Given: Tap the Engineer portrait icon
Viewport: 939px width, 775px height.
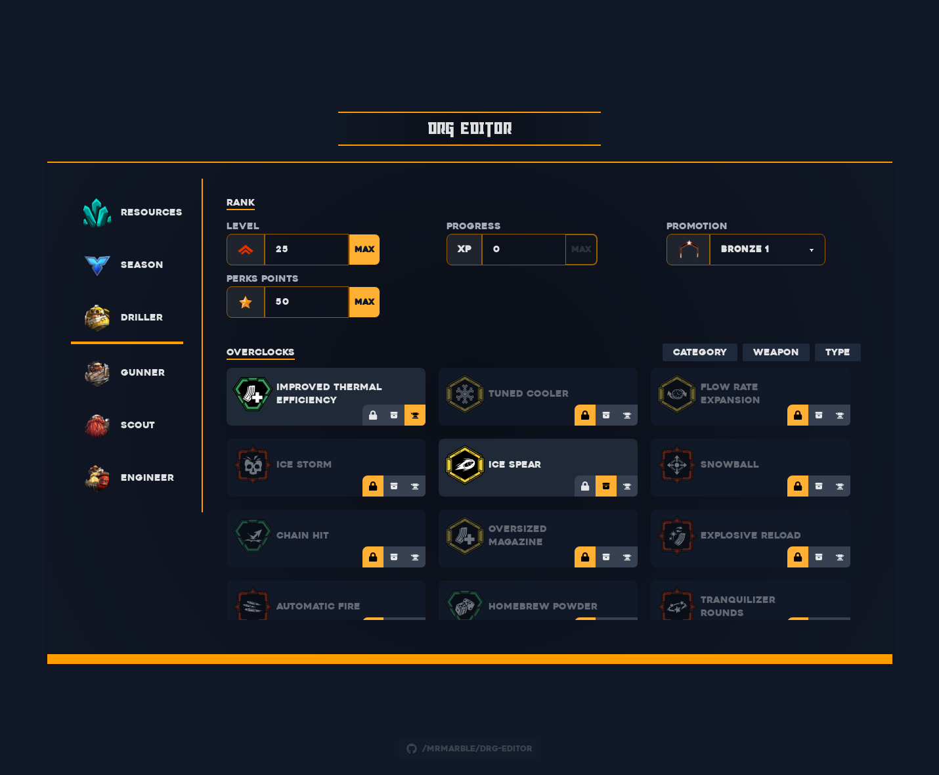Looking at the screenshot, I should (97, 477).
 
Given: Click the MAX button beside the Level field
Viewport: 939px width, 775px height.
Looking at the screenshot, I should (364, 250).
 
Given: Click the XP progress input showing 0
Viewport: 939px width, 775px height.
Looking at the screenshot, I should (523, 250).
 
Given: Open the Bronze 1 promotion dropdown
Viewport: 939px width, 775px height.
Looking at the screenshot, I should (766, 250).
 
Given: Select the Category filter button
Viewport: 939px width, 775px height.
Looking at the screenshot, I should (699, 352).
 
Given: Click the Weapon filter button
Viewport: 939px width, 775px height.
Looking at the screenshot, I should (775, 352).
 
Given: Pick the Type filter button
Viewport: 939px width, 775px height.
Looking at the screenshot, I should (837, 352).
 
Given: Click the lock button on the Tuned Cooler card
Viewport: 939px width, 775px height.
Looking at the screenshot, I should (585, 415).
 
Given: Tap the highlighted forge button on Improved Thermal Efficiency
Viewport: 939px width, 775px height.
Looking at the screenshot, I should (415, 415).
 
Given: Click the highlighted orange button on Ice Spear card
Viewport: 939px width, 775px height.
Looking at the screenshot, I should (606, 486).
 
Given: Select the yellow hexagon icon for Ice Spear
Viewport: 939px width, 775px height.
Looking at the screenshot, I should (465, 464).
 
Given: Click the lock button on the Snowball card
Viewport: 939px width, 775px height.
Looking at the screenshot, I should (798, 486).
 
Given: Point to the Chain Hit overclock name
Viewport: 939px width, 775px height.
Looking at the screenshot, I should (302, 535).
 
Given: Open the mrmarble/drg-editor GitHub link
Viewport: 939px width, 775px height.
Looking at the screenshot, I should (470, 749).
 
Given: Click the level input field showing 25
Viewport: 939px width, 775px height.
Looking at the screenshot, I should (306, 250).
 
